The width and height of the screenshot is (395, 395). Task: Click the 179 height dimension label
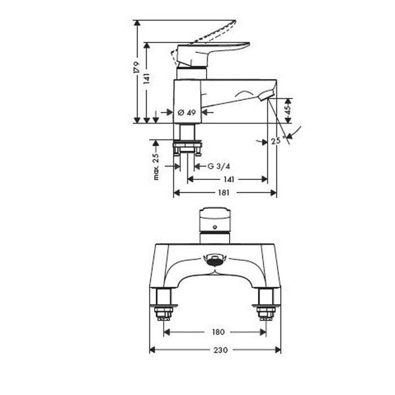137,67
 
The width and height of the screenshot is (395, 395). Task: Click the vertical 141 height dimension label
147,78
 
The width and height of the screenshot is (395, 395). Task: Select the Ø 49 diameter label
187,112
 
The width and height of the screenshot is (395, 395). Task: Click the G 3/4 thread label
219,166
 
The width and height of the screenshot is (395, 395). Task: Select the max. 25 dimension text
156,166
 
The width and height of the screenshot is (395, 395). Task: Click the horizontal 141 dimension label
229,179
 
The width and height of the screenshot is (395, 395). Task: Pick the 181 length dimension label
223,193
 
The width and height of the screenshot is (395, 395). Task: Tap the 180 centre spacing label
218,332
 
